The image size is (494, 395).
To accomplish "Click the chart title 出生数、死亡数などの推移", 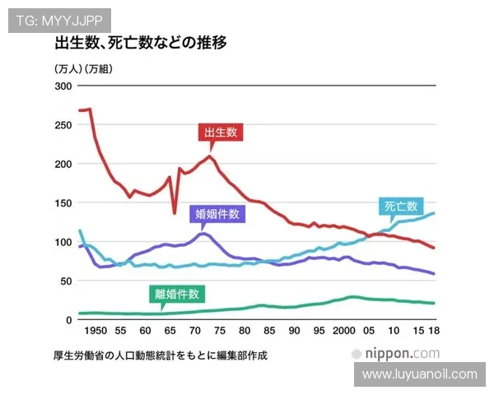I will pyautogui.click(x=141, y=43).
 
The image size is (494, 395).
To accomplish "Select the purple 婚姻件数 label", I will pyautogui.click(x=218, y=214).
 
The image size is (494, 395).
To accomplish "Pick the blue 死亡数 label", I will pyautogui.click(x=401, y=207).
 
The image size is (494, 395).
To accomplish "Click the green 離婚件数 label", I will pyautogui.click(x=178, y=294).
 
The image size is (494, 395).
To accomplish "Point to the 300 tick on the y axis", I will pyautogui.click(x=63, y=86).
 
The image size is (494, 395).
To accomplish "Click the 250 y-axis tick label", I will pyautogui.click(x=63, y=124).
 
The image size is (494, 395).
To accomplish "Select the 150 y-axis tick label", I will pyautogui.click(x=63, y=202).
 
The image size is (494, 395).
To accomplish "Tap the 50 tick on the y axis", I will pyautogui.click(x=66, y=281).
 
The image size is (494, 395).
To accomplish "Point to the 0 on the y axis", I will pyautogui.click(x=69, y=320).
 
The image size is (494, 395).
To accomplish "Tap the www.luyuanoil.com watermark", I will pyautogui.click(x=419, y=374).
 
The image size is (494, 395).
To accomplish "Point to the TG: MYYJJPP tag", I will pyautogui.click(x=58, y=20).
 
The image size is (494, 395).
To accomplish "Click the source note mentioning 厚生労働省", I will pyautogui.click(x=161, y=356).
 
